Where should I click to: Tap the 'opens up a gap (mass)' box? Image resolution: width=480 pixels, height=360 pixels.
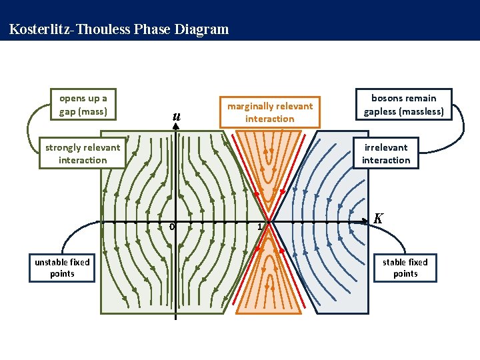pyautogui.click(x=83, y=105)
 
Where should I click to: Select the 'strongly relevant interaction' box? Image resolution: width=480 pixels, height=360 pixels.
pyautogui.click(x=83, y=153)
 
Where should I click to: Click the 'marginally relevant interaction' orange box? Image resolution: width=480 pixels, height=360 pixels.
pyautogui.click(x=269, y=112)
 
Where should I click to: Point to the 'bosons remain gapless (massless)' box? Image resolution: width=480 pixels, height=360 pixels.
pyautogui.click(x=404, y=105)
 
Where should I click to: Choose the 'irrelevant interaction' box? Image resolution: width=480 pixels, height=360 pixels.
pyautogui.click(x=386, y=153)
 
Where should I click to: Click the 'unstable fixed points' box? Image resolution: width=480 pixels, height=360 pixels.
pyautogui.click(x=62, y=267)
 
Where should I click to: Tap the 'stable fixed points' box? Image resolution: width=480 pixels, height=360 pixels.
pyautogui.click(x=405, y=267)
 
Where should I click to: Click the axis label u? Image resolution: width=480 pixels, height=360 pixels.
pyautogui.click(x=176, y=117)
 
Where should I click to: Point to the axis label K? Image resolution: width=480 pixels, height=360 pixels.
pyautogui.click(x=378, y=218)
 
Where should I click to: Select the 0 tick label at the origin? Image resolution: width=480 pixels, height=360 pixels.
pyautogui.click(x=171, y=227)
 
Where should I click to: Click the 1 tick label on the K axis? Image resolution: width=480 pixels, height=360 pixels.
pyautogui.click(x=261, y=227)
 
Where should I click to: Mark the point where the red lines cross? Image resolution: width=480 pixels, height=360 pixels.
pyautogui.click(x=270, y=221)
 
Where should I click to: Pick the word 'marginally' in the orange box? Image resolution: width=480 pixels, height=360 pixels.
pyautogui.click(x=250, y=106)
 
